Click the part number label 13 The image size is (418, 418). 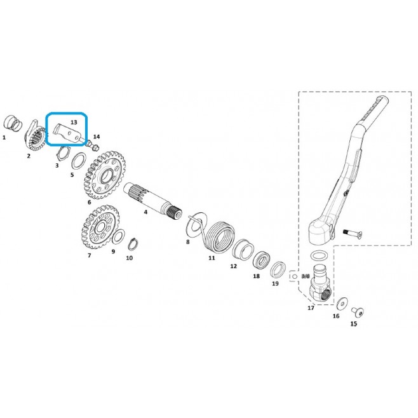pos(74,122)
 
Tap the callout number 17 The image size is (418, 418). pos(311,308)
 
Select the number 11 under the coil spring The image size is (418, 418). pos(212,258)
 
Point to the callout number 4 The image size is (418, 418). pos(145,212)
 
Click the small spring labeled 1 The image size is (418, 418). pos(13,123)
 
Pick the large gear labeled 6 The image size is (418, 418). pos(104,175)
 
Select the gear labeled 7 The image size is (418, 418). pos(100,227)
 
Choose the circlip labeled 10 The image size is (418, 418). pos(133,244)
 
